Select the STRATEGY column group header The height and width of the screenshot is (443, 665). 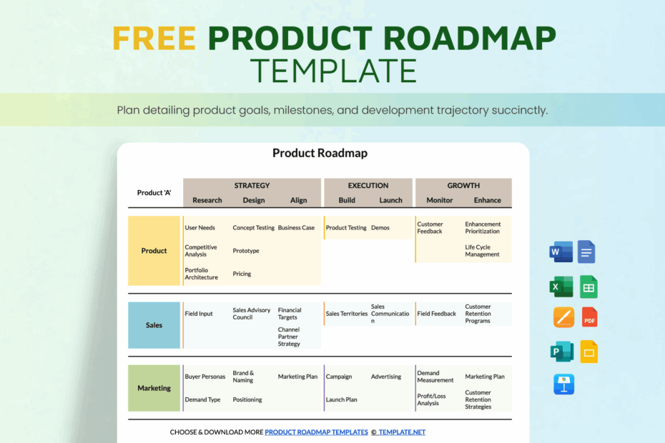252,186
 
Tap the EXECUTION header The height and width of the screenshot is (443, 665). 368,186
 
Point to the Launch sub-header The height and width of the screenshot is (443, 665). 390,201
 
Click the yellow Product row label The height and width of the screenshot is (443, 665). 154,251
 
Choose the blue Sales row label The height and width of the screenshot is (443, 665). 154,325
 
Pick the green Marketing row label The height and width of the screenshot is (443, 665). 154,388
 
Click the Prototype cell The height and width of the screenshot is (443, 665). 246,251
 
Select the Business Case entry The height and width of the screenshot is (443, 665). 296,228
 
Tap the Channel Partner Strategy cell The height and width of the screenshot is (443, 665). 290,337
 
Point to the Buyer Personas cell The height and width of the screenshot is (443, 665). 205,377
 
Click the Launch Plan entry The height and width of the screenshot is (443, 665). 341,399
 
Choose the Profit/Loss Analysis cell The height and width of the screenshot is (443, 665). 431,399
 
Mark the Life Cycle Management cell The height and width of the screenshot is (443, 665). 482,251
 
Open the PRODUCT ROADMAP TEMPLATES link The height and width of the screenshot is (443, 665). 316,432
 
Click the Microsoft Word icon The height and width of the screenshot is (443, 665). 561,252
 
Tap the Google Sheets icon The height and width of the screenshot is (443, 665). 588,287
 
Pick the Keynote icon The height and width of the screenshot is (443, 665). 563,384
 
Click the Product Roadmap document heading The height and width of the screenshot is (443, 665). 320,153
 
